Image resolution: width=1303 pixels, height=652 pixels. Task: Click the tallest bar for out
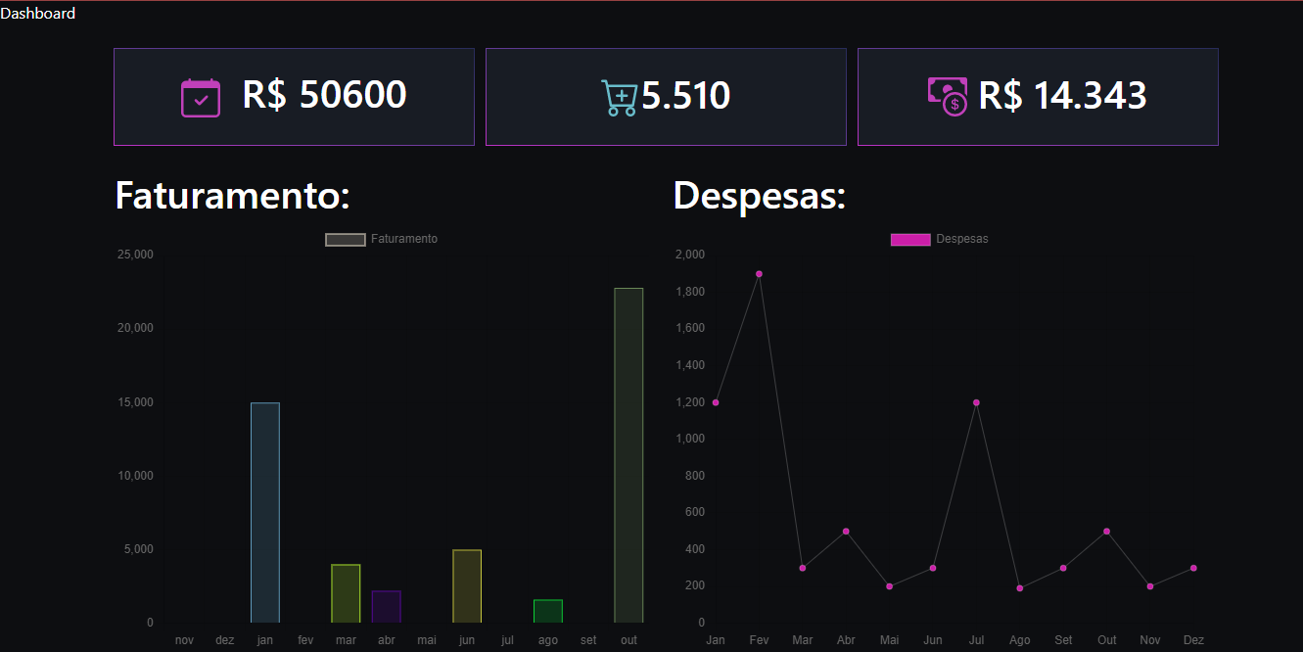click(x=628, y=455)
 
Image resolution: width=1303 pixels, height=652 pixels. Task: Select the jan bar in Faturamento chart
click(x=265, y=512)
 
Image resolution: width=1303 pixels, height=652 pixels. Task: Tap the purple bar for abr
click(x=387, y=606)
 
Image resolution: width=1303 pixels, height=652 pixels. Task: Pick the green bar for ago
click(x=548, y=611)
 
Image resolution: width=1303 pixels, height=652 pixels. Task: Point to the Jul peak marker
click(x=976, y=402)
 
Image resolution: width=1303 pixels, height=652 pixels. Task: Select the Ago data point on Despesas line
click(x=1020, y=588)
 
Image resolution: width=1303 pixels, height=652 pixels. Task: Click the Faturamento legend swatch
click(x=345, y=240)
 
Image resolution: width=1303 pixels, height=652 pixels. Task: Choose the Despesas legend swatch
click(x=910, y=240)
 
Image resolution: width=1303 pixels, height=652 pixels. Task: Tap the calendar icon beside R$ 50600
click(x=201, y=98)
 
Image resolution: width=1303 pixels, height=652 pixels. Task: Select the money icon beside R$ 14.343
click(x=948, y=96)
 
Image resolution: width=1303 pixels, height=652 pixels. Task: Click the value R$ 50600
click(x=324, y=95)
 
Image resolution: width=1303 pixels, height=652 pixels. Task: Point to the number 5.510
click(x=686, y=96)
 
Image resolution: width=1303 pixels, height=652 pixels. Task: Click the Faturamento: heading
click(x=232, y=196)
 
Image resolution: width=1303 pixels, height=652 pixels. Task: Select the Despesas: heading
click(x=760, y=196)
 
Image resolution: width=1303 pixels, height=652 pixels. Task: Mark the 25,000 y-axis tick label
click(x=135, y=255)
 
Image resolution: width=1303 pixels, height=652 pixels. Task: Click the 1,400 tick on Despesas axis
click(x=689, y=365)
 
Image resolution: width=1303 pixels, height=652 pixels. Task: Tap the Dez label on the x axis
click(x=1193, y=640)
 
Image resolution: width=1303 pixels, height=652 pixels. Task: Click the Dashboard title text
click(x=38, y=14)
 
